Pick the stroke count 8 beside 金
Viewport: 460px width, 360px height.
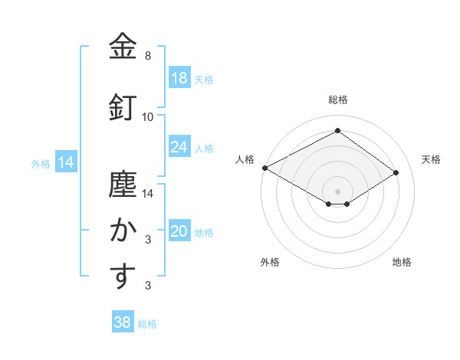coord(148,56)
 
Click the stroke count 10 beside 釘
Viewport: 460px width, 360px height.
coord(148,117)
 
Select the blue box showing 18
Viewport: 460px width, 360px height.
coord(179,78)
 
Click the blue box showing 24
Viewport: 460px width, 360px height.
coord(179,146)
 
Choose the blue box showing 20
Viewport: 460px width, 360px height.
coord(179,232)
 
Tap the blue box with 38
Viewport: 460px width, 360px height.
coord(123,322)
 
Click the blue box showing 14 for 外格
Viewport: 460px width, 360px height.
coord(65,162)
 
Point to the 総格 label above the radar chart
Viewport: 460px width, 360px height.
coord(337,100)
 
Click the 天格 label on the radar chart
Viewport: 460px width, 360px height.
coord(431,159)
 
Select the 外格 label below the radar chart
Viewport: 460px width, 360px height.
coord(270,262)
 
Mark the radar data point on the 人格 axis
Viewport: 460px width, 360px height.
coord(264,168)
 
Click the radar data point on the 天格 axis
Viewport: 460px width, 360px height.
coord(396,173)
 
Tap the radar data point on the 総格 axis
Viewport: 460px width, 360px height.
coord(337,131)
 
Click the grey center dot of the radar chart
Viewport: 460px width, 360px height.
coord(337,190)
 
